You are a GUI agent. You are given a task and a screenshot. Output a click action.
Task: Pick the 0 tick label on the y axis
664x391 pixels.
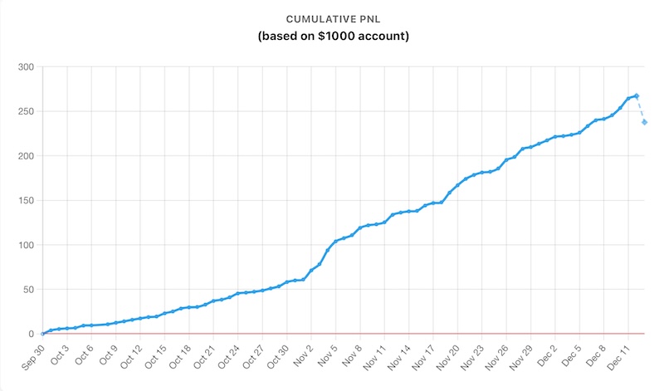(x=31, y=334)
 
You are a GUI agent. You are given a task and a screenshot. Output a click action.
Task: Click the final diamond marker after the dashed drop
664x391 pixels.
(x=645, y=122)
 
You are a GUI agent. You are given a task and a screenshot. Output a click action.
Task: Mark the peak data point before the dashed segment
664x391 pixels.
(x=637, y=95)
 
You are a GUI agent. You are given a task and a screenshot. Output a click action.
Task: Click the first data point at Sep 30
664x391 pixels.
(x=42, y=334)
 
